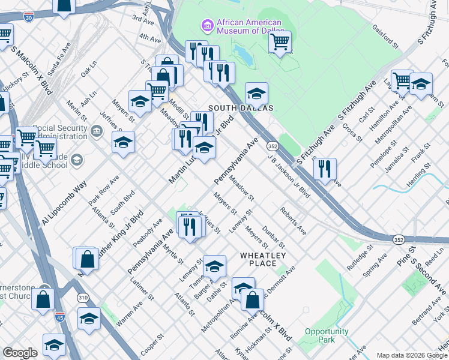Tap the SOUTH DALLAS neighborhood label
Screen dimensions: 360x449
tap(240, 108)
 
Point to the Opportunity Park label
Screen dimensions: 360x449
tap(327, 335)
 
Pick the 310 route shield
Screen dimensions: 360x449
tap(82, 297)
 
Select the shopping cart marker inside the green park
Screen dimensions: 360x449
tap(279, 42)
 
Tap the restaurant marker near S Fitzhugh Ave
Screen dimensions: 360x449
tap(325, 169)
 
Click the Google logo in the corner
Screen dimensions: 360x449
tap(20, 353)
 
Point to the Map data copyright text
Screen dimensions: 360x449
tap(412, 355)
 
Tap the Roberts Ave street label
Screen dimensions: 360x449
tap(293, 221)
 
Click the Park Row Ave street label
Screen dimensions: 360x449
tap(103, 190)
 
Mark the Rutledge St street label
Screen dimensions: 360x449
tap(360, 253)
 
